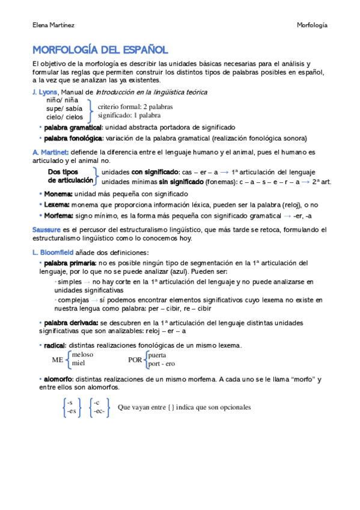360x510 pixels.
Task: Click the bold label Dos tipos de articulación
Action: (70, 176)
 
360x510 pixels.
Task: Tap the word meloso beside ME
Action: (82, 355)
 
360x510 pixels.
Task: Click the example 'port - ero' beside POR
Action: (162, 363)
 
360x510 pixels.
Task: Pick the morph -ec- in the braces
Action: (99, 411)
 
